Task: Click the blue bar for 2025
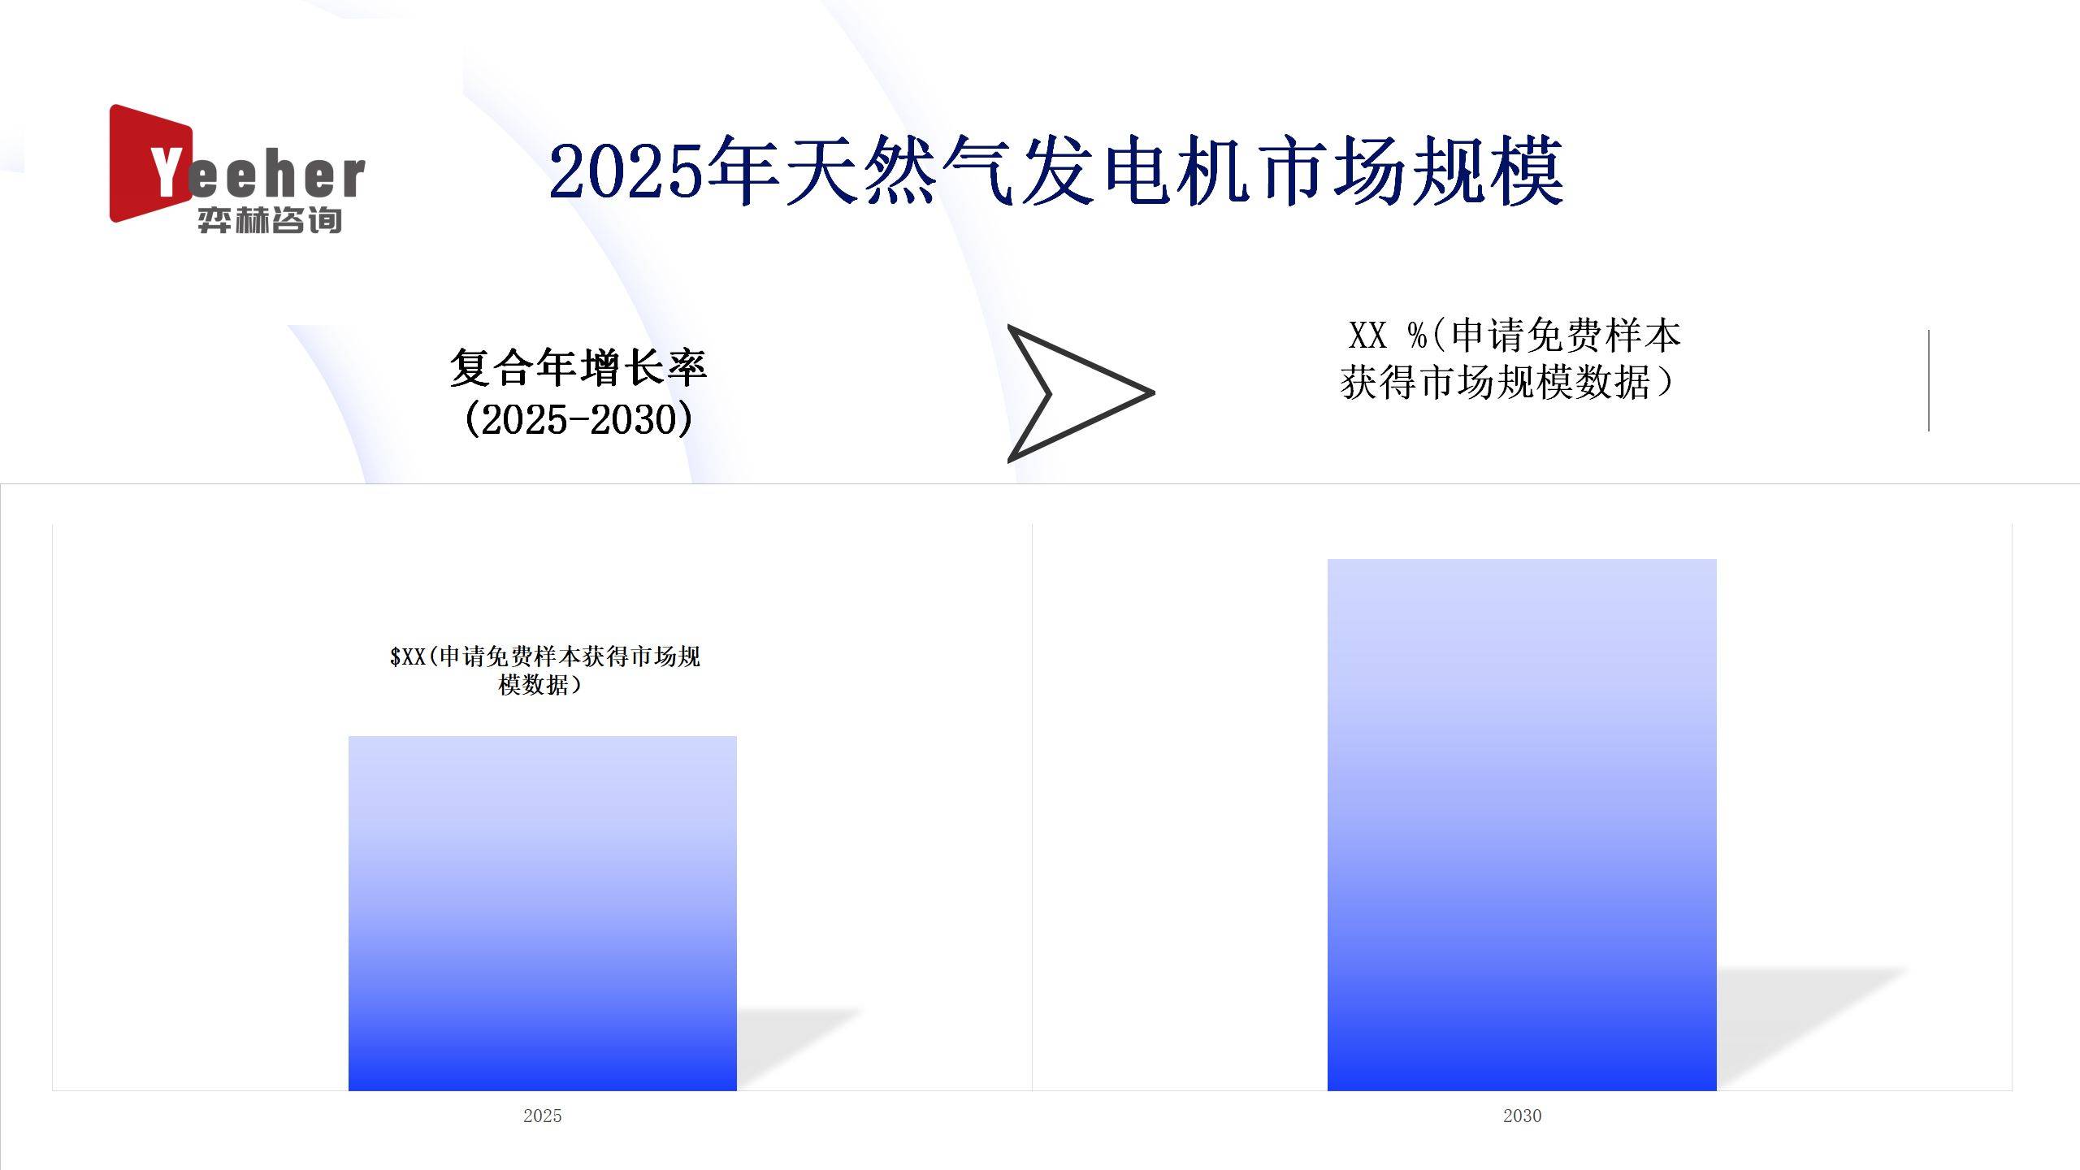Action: [x=542, y=913]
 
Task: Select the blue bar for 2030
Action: [x=1521, y=824]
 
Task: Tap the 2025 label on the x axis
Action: [x=542, y=1116]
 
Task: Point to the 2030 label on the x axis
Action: [x=1522, y=1116]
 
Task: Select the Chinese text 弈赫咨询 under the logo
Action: [x=269, y=220]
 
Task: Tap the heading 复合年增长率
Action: [x=578, y=367]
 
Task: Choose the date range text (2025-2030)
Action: [x=578, y=420]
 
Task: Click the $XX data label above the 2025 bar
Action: [x=544, y=669]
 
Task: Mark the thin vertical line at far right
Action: [x=1928, y=380]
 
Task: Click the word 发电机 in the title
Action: [x=1137, y=171]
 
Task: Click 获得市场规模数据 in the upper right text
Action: [x=1495, y=382]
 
